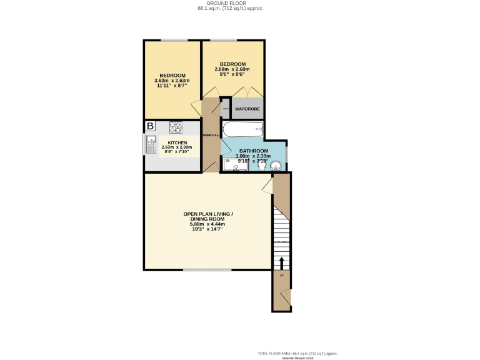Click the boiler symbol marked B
[150, 127]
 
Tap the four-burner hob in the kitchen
[175, 127]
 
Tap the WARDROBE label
[247, 110]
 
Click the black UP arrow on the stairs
[281, 262]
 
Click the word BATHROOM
[254, 151]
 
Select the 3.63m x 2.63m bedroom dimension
[172, 81]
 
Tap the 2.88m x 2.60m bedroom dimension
[231, 69]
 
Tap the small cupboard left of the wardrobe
[225, 109]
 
